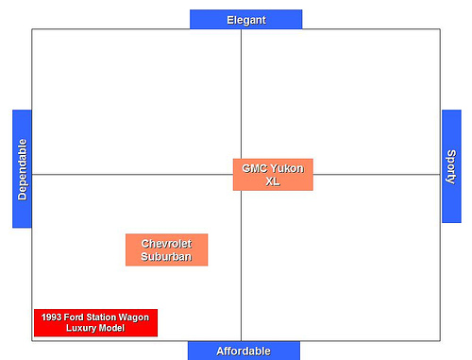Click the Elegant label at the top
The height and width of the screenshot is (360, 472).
pyautogui.click(x=245, y=19)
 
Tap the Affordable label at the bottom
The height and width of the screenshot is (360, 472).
pyautogui.click(x=244, y=351)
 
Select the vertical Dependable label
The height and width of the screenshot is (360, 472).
pyautogui.click(x=22, y=169)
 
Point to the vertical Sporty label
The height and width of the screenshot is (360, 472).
pyautogui.click(x=451, y=166)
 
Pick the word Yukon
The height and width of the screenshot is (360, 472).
pyautogui.click(x=287, y=168)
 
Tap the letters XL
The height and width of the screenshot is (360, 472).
pyautogui.click(x=273, y=181)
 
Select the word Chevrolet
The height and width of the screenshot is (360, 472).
pyautogui.click(x=166, y=243)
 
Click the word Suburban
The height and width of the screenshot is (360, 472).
pyautogui.click(x=166, y=256)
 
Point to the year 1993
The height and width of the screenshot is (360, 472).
pyautogui.click(x=51, y=317)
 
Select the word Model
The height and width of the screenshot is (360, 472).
pyautogui.click(x=114, y=329)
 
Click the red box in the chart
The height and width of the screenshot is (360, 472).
pyautogui.click(x=95, y=323)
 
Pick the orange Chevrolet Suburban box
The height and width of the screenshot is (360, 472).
pyautogui.click(x=166, y=249)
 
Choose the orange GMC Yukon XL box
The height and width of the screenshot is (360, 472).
pyautogui.click(x=273, y=175)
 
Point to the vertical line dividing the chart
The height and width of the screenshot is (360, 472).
pyautogui.click(x=241, y=94)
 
